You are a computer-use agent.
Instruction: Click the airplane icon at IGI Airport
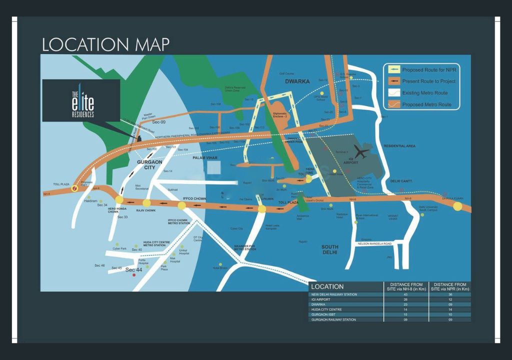pyautogui.click(x=361, y=150)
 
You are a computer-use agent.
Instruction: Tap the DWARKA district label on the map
pyautogui.click(x=297, y=81)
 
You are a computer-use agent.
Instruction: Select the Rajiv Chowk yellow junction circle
pyautogui.click(x=146, y=203)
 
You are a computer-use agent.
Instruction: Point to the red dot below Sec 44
pyautogui.click(x=133, y=275)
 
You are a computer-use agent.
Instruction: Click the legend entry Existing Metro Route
pyautogui.click(x=425, y=93)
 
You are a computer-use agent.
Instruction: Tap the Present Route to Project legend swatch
pyautogui.click(x=392, y=81)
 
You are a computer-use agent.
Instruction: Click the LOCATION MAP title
pyautogui.click(x=105, y=44)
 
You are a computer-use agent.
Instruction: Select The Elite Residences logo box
pyautogui.click(x=81, y=100)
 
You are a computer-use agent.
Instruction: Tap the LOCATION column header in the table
pyautogui.click(x=327, y=286)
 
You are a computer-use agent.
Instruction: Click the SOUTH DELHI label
pyautogui.click(x=330, y=249)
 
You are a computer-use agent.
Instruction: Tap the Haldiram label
pyautogui.click(x=91, y=200)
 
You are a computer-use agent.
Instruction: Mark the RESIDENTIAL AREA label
pyautogui.click(x=399, y=146)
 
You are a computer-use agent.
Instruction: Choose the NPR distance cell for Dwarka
pyautogui.click(x=450, y=304)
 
